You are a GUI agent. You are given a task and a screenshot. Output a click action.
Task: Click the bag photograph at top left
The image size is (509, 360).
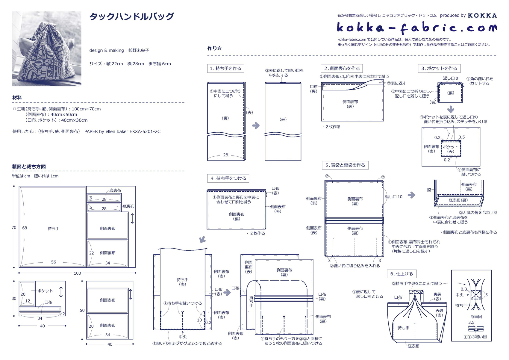46,49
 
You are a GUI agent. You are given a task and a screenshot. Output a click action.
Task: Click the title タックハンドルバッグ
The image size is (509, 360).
131,17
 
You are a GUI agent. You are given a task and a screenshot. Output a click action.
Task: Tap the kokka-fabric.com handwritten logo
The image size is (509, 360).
416,28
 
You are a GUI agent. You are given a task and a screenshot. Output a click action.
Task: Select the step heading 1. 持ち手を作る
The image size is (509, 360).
225,69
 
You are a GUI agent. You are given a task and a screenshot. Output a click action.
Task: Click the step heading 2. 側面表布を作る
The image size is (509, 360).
342,69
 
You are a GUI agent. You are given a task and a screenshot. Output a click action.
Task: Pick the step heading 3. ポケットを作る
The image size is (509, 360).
439,69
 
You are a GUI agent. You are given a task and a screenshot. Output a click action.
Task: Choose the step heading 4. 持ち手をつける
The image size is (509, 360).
228,179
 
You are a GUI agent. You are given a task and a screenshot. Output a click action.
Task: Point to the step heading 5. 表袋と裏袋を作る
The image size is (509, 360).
345,165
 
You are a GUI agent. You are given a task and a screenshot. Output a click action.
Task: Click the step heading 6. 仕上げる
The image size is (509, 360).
402,274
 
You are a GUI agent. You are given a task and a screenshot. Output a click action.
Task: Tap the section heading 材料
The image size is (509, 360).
17,98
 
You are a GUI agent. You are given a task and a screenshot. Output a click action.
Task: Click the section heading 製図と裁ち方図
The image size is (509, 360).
29,167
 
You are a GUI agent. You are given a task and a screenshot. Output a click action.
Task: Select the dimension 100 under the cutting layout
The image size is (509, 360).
77,273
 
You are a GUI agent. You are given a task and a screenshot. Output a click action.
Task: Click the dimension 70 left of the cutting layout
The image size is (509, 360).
14,228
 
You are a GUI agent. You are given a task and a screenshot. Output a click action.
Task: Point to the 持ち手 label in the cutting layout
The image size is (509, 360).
54,229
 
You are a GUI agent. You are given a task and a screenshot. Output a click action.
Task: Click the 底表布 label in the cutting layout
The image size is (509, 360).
115,190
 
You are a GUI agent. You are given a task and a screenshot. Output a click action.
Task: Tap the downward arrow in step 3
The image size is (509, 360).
451,109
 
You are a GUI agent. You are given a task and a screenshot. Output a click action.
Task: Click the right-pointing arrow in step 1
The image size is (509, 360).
256,125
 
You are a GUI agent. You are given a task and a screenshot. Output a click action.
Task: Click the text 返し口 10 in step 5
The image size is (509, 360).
393,197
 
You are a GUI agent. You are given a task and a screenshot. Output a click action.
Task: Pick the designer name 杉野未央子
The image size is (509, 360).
139,50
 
